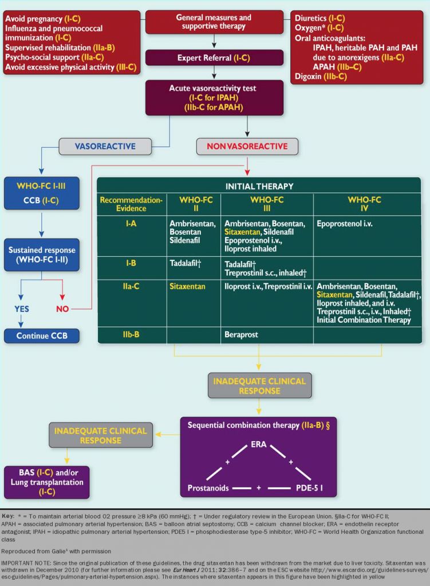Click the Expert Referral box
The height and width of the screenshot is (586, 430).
click(214, 58)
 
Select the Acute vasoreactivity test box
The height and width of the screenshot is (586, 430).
click(214, 97)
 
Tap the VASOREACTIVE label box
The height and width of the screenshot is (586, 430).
click(105, 146)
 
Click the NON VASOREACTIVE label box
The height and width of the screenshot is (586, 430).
click(247, 146)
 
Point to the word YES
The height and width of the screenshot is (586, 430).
click(21, 309)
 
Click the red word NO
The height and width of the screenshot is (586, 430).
click(63, 309)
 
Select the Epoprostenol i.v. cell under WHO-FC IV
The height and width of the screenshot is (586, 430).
click(345, 224)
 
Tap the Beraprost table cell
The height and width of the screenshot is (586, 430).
click(240, 334)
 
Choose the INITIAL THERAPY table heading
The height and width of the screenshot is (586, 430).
click(259, 186)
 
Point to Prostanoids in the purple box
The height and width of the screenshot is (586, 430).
click(208, 488)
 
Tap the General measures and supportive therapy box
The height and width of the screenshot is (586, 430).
click(214, 22)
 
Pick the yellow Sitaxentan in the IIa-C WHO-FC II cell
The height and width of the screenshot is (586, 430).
click(187, 286)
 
